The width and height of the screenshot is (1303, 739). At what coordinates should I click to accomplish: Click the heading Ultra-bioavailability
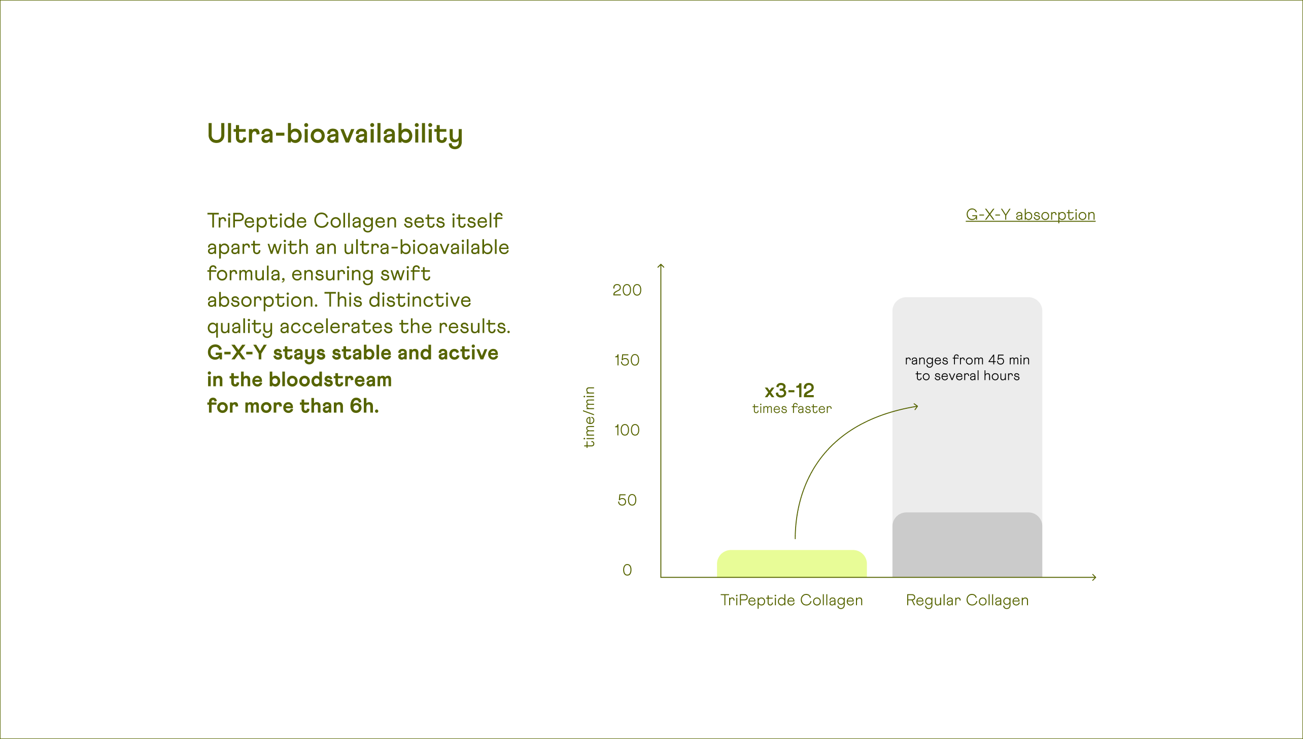pyautogui.click(x=334, y=134)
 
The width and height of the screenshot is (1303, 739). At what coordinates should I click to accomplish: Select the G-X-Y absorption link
pyautogui.click(x=1030, y=215)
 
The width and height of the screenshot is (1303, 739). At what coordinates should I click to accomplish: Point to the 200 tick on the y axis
pyautogui.click(x=627, y=290)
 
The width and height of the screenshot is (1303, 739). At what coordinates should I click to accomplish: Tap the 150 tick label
pyautogui.click(x=627, y=360)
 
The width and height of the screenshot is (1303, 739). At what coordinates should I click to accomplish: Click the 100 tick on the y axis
pyautogui.click(x=627, y=430)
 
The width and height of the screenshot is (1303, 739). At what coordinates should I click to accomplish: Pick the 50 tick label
pyautogui.click(x=627, y=500)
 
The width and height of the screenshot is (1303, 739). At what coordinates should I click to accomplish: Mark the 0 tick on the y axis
pyautogui.click(x=627, y=570)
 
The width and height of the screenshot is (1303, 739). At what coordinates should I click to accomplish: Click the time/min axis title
pyautogui.click(x=589, y=417)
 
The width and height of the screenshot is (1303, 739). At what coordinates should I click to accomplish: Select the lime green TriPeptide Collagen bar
pyautogui.click(x=792, y=564)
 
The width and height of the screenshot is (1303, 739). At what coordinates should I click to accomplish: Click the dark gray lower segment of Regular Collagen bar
pyautogui.click(x=967, y=545)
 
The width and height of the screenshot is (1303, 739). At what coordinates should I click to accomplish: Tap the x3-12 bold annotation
pyautogui.click(x=790, y=391)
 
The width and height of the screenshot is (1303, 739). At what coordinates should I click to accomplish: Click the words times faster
pyautogui.click(x=792, y=409)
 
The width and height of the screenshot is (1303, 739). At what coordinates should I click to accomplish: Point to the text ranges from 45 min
pyautogui.click(x=967, y=360)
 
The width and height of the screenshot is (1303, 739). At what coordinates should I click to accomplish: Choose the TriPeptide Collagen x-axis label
pyautogui.click(x=792, y=600)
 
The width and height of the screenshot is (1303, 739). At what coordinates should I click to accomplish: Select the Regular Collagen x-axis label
pyautogui.click(x=967, y=600)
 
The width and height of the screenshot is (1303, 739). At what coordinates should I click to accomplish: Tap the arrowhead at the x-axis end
pyautogui.click(x=1094, y=577)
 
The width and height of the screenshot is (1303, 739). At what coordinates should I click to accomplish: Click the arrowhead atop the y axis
pyautogui.click(x=661, y=265)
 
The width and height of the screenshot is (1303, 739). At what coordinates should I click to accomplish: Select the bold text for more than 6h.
pyautogui.click(x=293, y=406)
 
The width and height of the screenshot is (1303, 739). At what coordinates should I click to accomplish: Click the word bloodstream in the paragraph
pyautogui.click(x=330, y=380)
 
